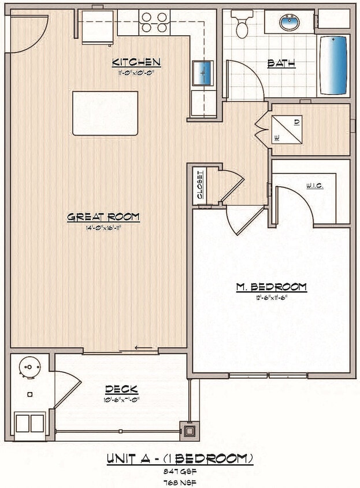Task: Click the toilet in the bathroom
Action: pyautogui.click(x=242, y=23)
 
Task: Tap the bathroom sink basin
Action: pyautogui.click(x=288, y=23)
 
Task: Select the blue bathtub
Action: pyautogui.click(x=335, y=65)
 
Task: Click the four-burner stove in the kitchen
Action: pyautogui.click(x=154, y=22)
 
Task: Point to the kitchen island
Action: pyautogui.click(x=105, y=113)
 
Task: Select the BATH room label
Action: pyautogui.click(x=281, y=63)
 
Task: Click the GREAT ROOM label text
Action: pyautogui.click(x=103, y=217)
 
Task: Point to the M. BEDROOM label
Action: pyautogui.click(x=271, y=287)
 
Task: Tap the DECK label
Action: pyautogui.click(x=121, y=389)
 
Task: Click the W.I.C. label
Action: pyautogui.click(x=314, y=186)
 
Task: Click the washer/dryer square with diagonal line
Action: pyautogui.click(x=287, y=130)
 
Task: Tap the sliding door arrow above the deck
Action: pyautogui.click(x=144, y=348)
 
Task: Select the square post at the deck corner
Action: pyautogui.click(x=190, y=431)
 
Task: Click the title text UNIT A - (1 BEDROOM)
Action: pyautogui.click(x=180, y=459)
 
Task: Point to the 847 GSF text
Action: pyautogui.click(x=180, y=472)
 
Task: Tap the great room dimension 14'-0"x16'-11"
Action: pyautogui.click(x=103, y=228)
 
